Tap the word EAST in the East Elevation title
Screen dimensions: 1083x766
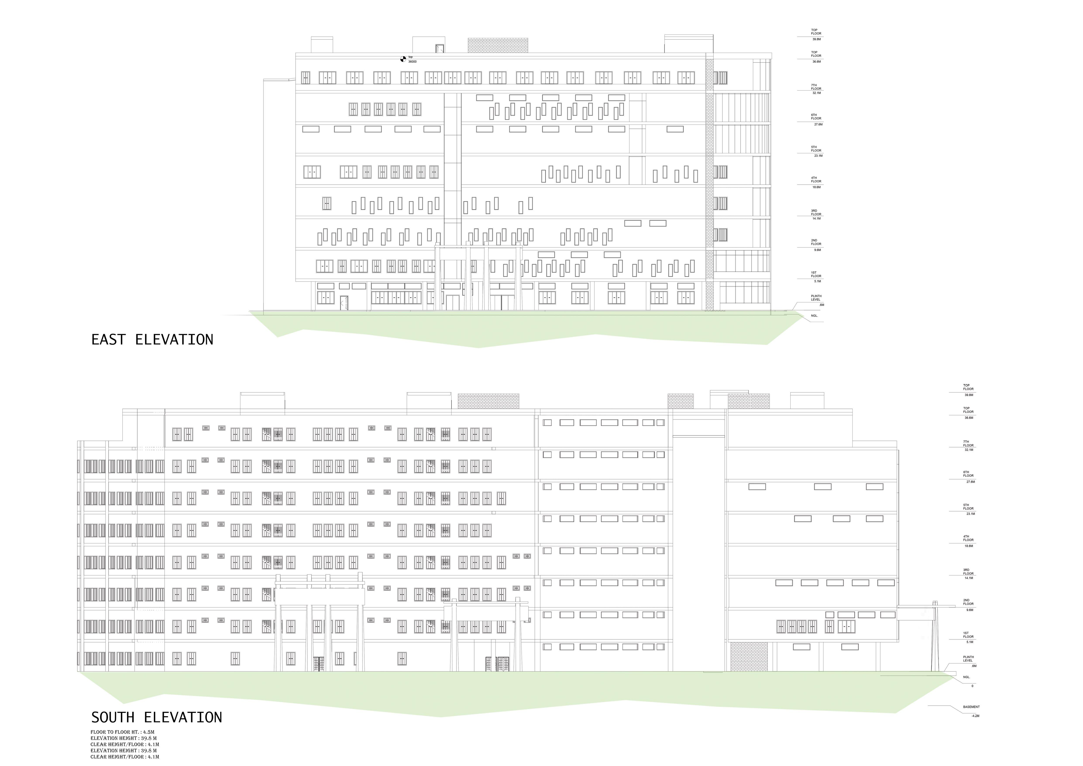click(x=108, y=340)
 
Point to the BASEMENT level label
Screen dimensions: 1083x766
click(x=971, y=707)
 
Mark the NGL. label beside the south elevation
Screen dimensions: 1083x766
click(x=966, y=677)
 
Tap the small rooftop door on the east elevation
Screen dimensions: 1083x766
click(x=440, y=48)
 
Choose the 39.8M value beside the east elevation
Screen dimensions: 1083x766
click(x=817, y=39)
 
